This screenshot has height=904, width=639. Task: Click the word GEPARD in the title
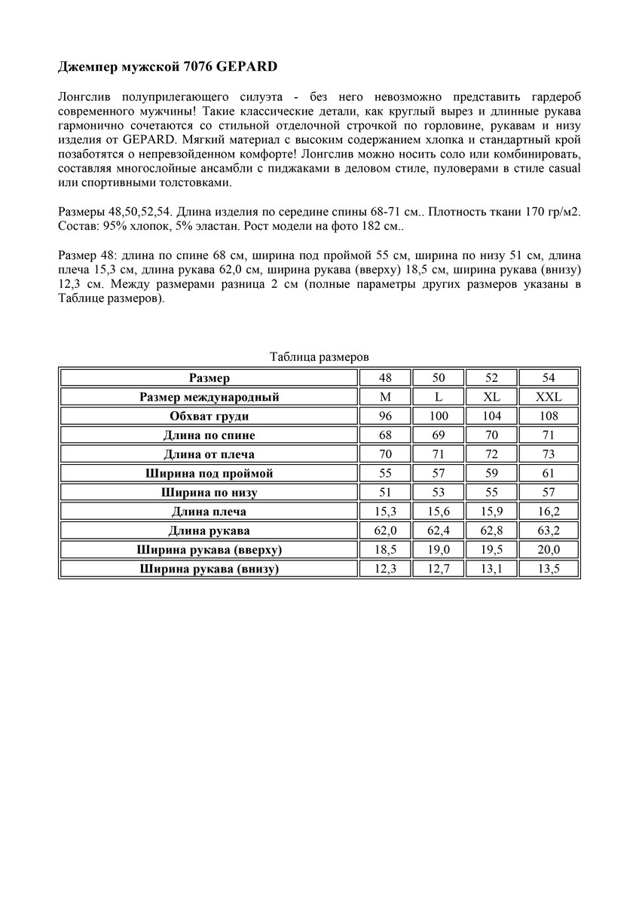pyautogui.click(x=246, y=68)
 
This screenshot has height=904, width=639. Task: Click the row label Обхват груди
pyautogui.click(x=209, y=416)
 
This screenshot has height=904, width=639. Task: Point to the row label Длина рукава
pyautogui.click(x=209, y=531)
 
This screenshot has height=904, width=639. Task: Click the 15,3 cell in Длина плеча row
pyautogui.click(x=385, y=512)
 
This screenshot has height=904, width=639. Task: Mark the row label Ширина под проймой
pyautogui.click(x=209, y=473)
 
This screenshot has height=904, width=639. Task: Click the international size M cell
pyautogui.click(x=385, y=397)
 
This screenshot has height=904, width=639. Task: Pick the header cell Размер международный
pyautogui.click(x=209, y=397)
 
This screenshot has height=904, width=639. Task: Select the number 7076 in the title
pyautogui.click(x=198, y=68)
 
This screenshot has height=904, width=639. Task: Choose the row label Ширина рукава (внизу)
pyautogui.click(x=209, y=569)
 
